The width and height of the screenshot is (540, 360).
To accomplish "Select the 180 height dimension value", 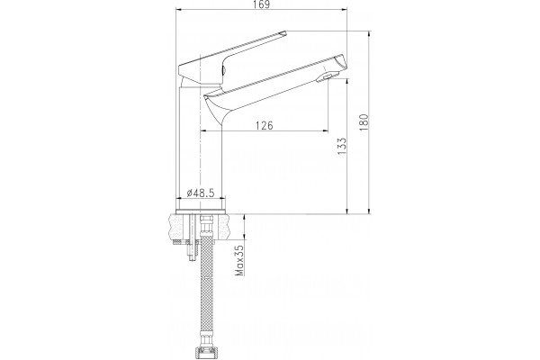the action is coord(364,122).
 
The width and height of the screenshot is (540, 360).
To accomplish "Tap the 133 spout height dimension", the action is coord(342,146).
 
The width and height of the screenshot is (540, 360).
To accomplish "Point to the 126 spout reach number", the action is coord(264,125).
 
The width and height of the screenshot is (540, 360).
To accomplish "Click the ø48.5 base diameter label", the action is coord(201,193).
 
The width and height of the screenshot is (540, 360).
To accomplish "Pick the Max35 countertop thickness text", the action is coord(239,260).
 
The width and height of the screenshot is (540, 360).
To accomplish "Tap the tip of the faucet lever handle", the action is coord(283,32).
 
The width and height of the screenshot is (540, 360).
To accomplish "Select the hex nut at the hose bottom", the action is coord(205,354).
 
